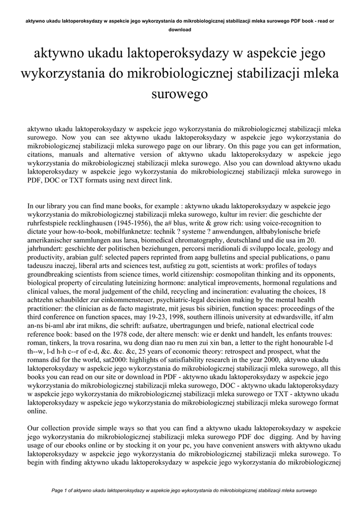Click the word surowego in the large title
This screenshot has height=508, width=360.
(x=180, y=93)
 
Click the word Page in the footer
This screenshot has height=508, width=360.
(x=58, y=490)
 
